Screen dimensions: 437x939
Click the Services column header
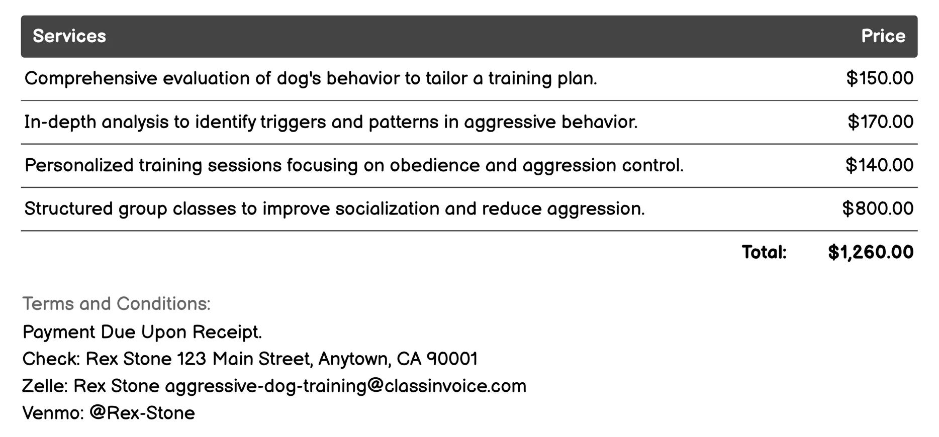tap(69, 36)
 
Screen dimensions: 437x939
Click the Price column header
tap(883, 36)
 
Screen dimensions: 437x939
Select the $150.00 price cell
tap(880, 78)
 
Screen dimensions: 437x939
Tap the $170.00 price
tap(880, 122)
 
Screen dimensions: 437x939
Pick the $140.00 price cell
tap(879, 165)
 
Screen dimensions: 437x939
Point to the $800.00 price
tap(878, 208)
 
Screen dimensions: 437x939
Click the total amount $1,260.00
tap(871, 252)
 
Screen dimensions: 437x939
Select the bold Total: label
tap(764, 252)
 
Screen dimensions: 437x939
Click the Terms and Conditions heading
tap(117, 304)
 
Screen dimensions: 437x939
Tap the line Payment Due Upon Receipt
tap(142, 332)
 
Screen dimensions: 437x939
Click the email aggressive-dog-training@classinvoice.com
tap(345, 386)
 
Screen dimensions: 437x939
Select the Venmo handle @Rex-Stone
tap(142, 413)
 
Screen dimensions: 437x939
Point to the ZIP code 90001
tap(452, 359)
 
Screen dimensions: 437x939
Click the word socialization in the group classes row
tap(387, 208)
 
